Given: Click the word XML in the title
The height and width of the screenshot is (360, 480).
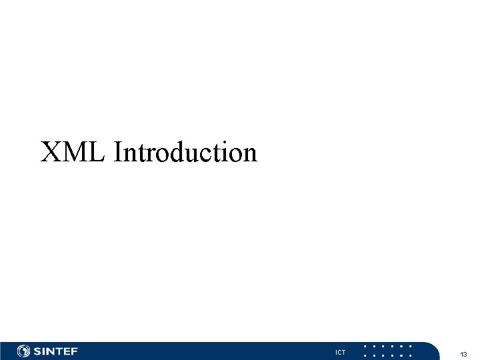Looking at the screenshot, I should pyautogui.click(x=73, y=152).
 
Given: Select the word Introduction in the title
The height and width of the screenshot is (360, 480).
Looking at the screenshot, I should pyautogui.click(x=185, y=152).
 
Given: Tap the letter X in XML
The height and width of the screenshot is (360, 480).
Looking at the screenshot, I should pyautogui.click(x=51, y=152).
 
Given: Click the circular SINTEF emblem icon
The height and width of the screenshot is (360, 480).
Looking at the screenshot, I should pyautogui.click(x=23, y=351).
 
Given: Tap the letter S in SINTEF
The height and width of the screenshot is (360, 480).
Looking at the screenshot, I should pyautogui.click(x=38, y=351).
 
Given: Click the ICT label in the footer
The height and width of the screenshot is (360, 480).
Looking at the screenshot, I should pyautogui.click(x=341, y=352).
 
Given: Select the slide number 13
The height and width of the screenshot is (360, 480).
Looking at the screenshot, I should pyautogui.click(x=463, y=353).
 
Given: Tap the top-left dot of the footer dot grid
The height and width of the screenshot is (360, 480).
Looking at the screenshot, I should pyautogui.click(x=365, y=346).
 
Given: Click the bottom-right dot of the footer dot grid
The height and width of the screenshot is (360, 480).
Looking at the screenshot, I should pyautogui.click(x=411, y=355).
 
